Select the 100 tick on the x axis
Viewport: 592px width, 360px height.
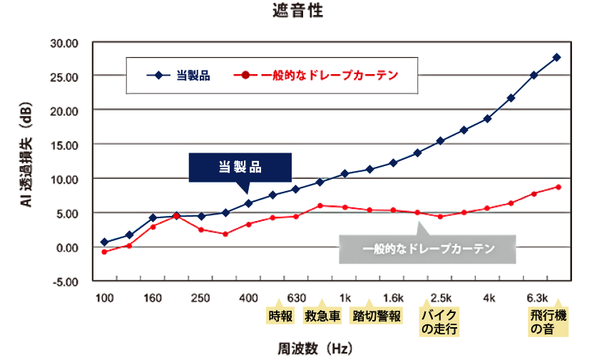[x=104, y=298]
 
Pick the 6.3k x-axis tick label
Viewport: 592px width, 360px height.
[x=536, y=298]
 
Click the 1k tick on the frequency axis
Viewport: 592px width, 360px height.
[x=345, y=298]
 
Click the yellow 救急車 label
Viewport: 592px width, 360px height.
[x=322, y=315]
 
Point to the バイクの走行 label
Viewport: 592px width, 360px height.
[x=439, y=322]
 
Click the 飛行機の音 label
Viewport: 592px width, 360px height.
[x=547, y=322]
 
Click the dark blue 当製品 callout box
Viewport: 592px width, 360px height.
[x=240, y=168]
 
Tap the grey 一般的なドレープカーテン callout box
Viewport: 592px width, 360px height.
[x=427, y=250]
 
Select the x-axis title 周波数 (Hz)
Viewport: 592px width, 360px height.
[x=315, y=349]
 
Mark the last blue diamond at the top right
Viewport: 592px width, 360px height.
[x=557, y=57]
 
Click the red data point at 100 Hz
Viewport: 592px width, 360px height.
[x=104, y=252]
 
